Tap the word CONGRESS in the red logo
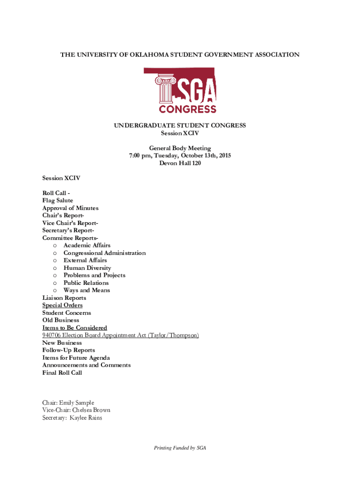pyautogui.click(x=187, y=109)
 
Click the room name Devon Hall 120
pyautogui.click(x=180, y=163)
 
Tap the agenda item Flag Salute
pyautogui.click(x=58, y=200)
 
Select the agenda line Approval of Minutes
pyautogui.click(x=70, y=208)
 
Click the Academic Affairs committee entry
pyautogui.click(x=87, y=245)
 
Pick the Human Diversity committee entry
pyautogui.click(x=87, y=268)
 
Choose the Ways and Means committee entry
pyautogui.click(x=87, y=290)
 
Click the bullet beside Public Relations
pyautogui.click(x=55, y=283)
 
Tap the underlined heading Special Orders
pyautogui.click(x=62, y=305)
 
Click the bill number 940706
pyautogui.click(x=52, y=335)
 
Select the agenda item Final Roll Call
pyautogui.click(x=62, y=372)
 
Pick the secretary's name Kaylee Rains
pyautogui.click(x=86, y=417)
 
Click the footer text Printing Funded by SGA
pyautogui.click(x=180, y=448)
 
